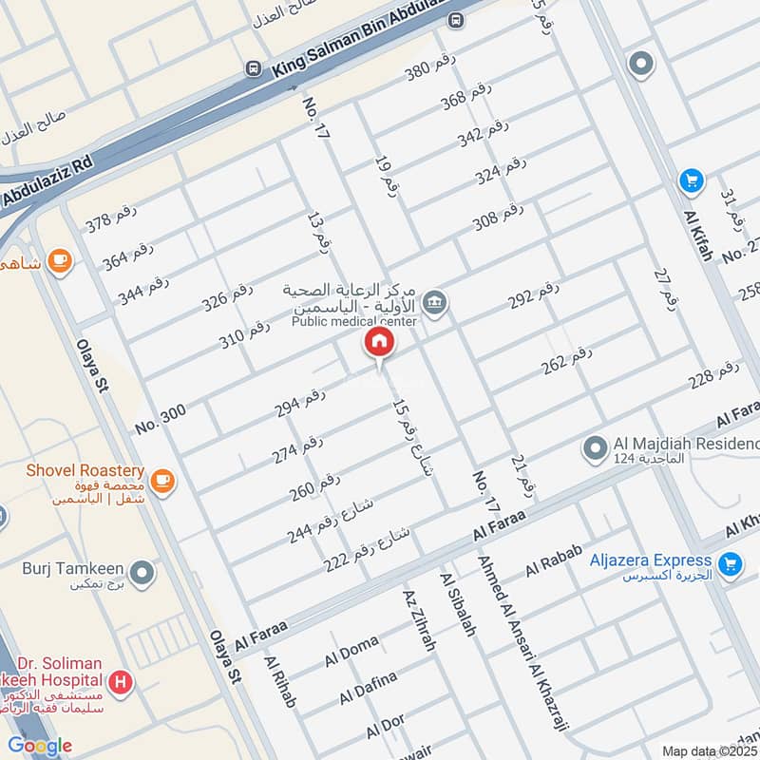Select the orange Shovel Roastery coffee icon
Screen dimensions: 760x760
point(163,481)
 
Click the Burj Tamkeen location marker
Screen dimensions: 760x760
point(142,573)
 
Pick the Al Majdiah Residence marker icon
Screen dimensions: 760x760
point(595,446)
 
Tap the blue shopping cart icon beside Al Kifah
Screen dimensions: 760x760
point(691,180)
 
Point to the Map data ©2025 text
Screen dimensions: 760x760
point(708,750)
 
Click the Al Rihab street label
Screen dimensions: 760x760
point(281,682)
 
